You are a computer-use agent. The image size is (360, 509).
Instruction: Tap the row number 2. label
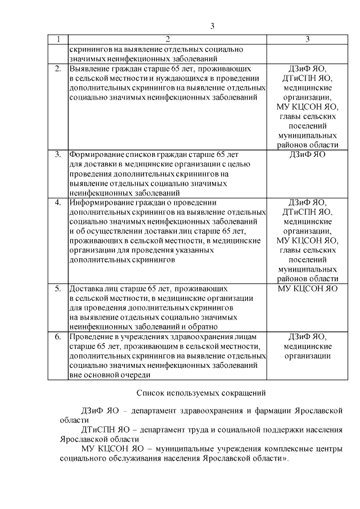pyautogui.click(x=57, y=69)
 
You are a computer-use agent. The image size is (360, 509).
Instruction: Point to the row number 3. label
pyautogui.click(x=57, y=154)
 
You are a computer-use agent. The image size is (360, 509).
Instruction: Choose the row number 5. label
pyautogui.click(x=57, y=289)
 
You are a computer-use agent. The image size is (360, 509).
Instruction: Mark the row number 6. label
pyautogui.click(x=57, y=337)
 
